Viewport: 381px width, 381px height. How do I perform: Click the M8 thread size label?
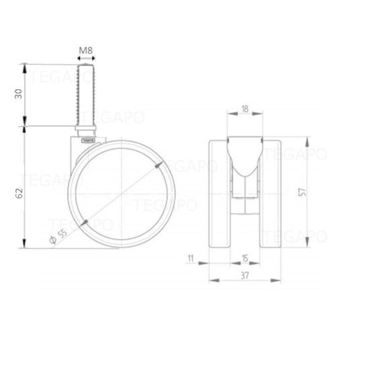click(x=86, y=50)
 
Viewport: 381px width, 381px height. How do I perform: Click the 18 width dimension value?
click(x=245, y=108)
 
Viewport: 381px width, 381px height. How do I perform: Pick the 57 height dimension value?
click(x=302, y=192)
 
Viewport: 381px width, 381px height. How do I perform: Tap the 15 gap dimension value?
click(x=245, y=257)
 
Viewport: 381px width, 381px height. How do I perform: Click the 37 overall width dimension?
click(x=245, y=275)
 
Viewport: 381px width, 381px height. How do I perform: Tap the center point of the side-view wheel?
click(x=121, y=194)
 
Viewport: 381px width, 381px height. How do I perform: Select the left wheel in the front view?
click(x=220, y=193)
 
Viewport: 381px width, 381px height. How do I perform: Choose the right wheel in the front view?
click(x=270, y=193)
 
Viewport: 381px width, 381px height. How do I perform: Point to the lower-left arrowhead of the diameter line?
click(x=84, y=222)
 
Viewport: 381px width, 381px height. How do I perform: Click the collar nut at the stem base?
click(x=86, y=128)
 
